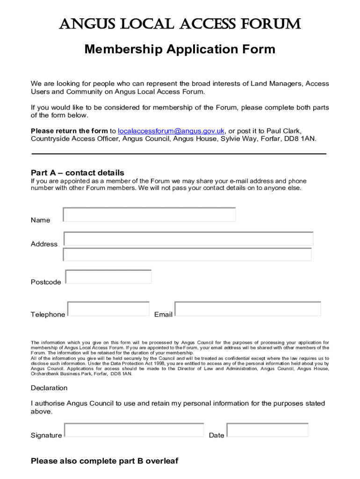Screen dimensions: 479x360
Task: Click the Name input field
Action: point(149,215)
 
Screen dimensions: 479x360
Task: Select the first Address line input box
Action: point(188,239)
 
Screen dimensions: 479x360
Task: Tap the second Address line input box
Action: point(187,254)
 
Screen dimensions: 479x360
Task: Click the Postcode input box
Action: point(108,277)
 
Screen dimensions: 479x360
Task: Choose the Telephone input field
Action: point(108,309)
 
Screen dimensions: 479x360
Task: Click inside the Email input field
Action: point(248,309)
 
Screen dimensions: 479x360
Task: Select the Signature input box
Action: point(134,430)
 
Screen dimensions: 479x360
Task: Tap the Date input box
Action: point(267,430)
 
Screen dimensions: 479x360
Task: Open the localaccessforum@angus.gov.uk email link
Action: point(172,131)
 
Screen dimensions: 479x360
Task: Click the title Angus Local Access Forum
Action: point(180,24)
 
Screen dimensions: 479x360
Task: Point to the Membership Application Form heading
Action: point(180,49)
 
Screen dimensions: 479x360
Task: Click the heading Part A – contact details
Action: point(78,173)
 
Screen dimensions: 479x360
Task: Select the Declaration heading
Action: point(49,388)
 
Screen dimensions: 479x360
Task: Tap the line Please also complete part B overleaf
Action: point(105,461)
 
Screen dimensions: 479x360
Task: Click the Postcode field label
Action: point(46,282)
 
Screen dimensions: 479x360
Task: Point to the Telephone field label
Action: point(48,314)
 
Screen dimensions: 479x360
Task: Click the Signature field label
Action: point(46,435)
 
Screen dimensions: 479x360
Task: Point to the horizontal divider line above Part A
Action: point(179,153)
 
